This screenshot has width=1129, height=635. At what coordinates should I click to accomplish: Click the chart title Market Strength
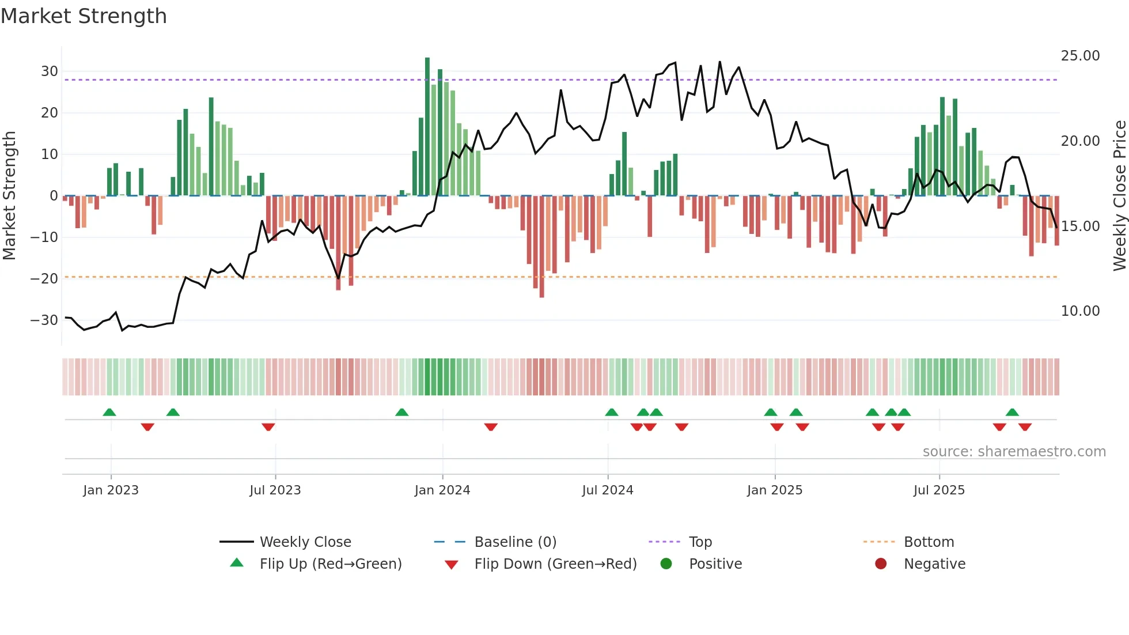pos(84,16)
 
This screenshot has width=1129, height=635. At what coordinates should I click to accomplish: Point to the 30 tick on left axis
pos(50,71)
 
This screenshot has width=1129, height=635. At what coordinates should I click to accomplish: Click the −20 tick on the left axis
pos(44,279)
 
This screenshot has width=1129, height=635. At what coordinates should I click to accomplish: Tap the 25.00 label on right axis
pos(1080,56)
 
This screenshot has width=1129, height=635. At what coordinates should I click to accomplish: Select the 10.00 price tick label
pos(1080,311)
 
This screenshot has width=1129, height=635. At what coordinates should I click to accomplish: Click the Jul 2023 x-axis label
pos(275,490)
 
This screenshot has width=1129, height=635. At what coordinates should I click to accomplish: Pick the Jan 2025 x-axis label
pos(774,490)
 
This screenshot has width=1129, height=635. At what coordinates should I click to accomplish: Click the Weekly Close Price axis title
pos(1119,196)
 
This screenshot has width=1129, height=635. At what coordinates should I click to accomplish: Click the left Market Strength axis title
pos(9,196)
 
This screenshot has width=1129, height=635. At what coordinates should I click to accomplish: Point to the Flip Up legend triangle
pos(237,563)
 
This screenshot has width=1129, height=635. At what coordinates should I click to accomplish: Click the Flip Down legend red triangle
pos(452,565)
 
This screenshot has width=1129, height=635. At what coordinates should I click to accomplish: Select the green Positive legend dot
pos(666,564)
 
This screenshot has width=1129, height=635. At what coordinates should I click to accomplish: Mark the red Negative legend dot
pos(881,564)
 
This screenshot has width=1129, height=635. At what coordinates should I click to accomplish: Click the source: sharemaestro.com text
pos(1014,452)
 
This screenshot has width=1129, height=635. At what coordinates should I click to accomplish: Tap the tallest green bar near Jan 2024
pos(427,127)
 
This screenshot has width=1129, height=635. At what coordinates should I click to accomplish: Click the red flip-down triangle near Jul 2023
pos(268,427)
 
